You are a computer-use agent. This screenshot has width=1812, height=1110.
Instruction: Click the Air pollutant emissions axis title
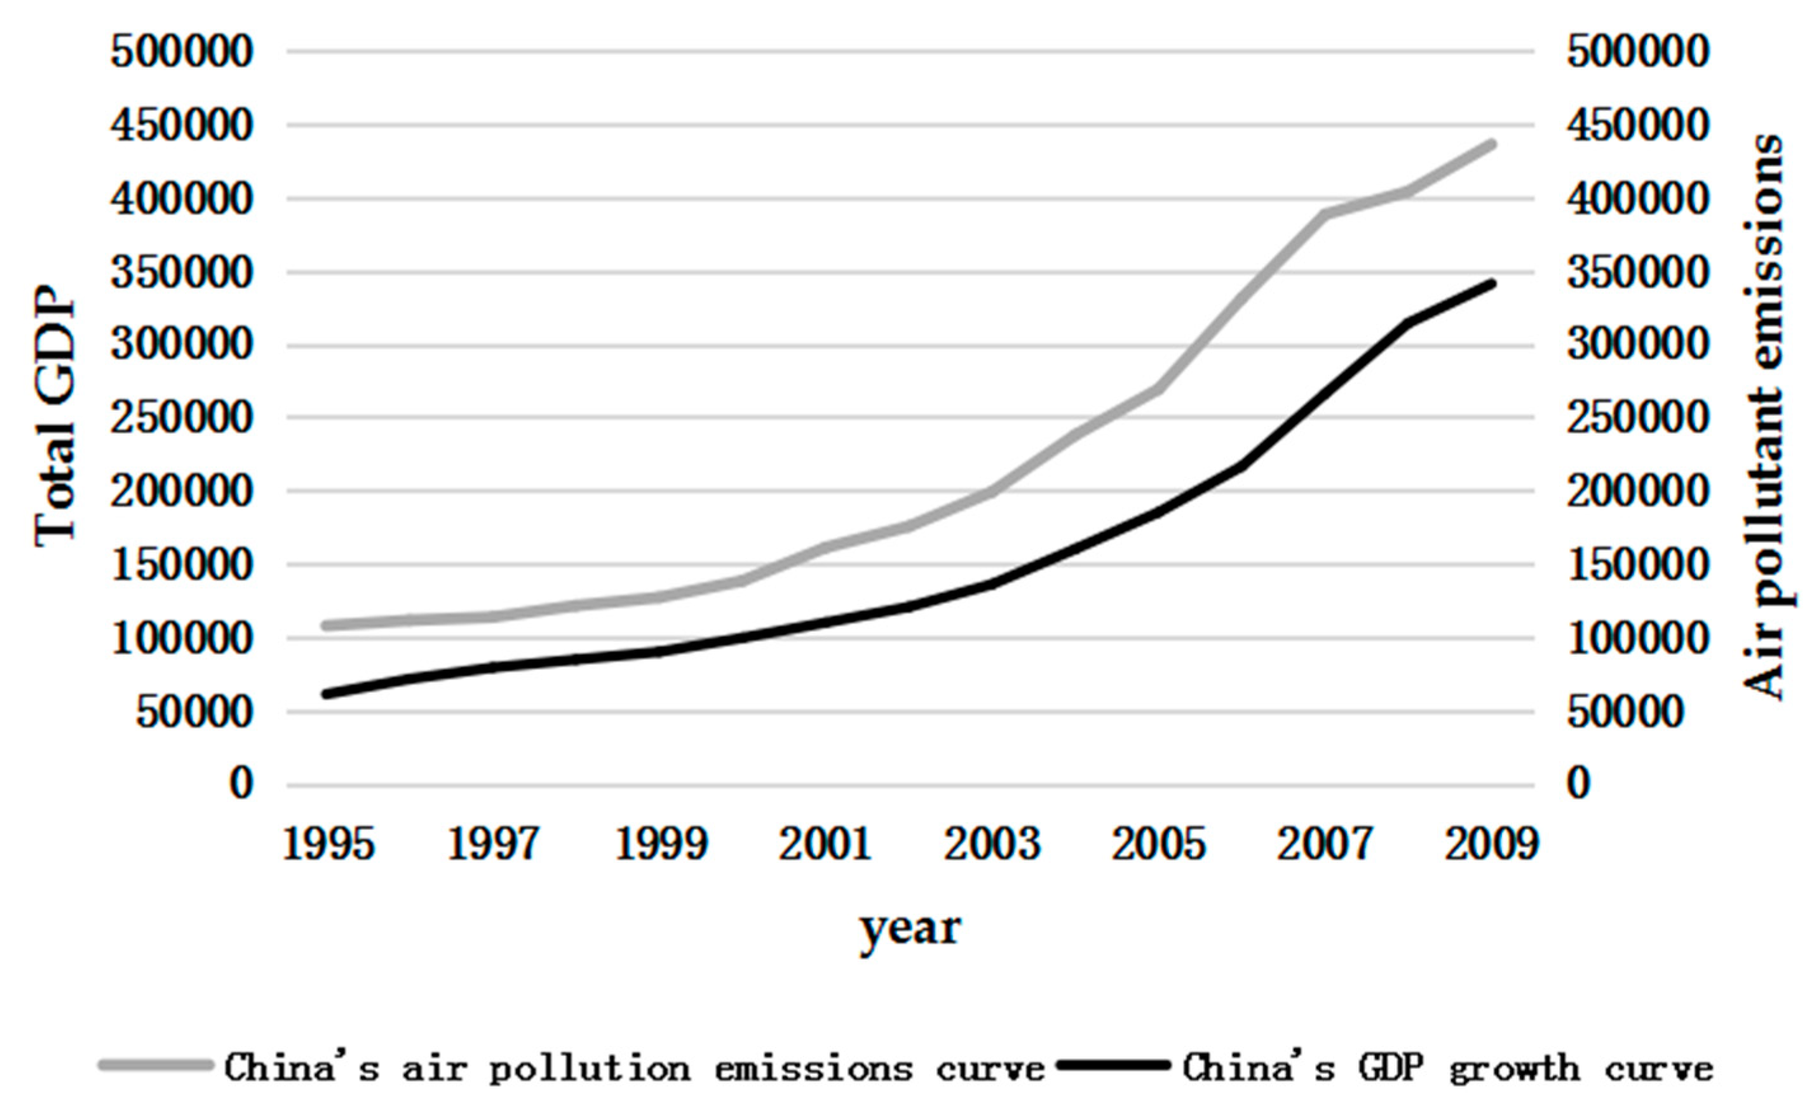click(1765, 418)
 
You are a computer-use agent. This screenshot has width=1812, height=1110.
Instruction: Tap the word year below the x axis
click(910, 928)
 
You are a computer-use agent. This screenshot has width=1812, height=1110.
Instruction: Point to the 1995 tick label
click(328, 844)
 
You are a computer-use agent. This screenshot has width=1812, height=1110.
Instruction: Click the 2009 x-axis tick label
click(1491, 844)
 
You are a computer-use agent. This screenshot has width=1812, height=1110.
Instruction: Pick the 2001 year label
click(826, 844)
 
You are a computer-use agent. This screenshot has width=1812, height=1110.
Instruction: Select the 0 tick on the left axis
click(240, 784)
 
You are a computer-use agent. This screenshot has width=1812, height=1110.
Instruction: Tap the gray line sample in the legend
click(156, 1064)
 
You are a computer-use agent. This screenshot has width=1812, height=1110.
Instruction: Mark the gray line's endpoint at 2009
click(1491, 145)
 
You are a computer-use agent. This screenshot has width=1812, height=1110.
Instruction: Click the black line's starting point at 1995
click(327, 694)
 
